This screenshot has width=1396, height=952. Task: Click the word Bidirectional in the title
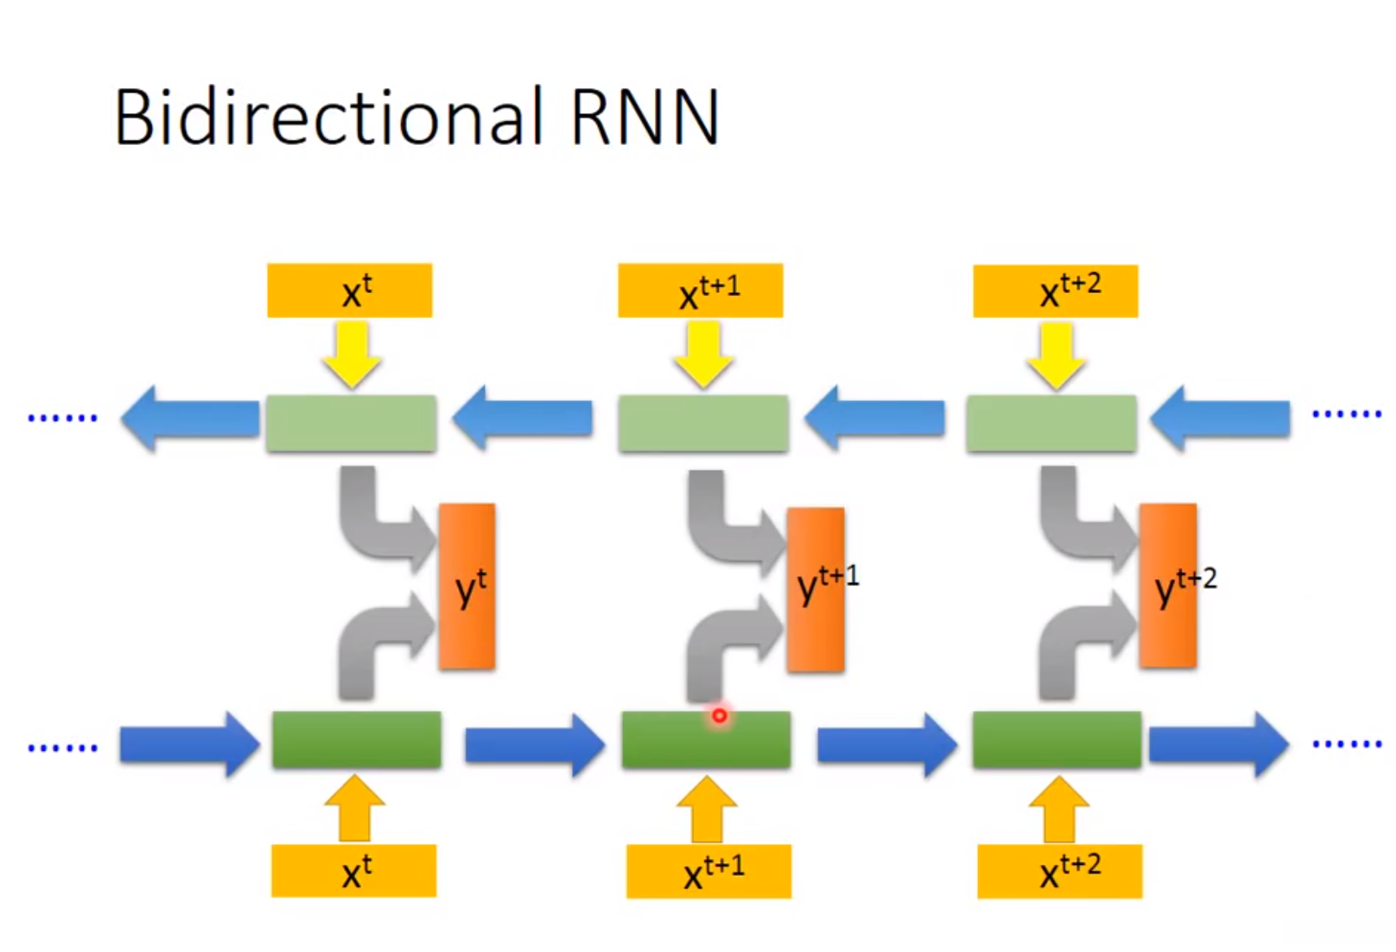[328, 117]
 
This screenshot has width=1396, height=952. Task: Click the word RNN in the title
[644, 117]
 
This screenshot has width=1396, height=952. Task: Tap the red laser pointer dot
[719, 716]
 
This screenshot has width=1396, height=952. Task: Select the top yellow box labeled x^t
[349, 291]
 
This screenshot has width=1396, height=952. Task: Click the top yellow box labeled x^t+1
[700, 291]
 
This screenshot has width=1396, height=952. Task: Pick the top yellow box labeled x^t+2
[1055, 291]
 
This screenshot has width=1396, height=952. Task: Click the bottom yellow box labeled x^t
[353, 871]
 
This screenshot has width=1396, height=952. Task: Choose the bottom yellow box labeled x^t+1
[708, 871]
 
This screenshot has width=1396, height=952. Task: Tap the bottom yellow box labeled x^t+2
[1059, 871]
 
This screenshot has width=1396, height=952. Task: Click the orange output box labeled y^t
[467, 586]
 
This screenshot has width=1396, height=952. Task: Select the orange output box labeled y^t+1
[816, 589]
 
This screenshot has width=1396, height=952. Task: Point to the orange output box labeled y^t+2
[1167, 585]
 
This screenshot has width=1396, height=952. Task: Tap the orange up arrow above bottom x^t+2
[1059, 809]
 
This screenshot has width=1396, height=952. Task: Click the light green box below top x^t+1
[703, 424]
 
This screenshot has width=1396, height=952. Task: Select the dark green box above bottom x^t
[357, 739]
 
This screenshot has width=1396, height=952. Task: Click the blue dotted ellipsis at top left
[63, 417]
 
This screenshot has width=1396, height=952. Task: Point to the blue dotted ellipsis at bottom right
[1347, 744]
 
